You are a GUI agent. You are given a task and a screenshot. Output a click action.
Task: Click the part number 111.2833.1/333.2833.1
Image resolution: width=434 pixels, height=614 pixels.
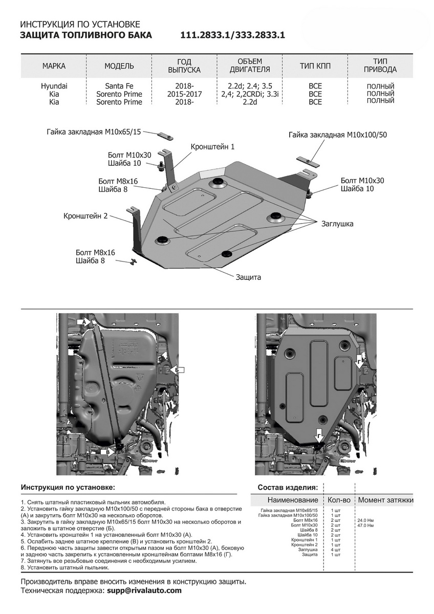(232, 35)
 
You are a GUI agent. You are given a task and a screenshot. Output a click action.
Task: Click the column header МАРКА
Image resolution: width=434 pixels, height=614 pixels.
(54, 67)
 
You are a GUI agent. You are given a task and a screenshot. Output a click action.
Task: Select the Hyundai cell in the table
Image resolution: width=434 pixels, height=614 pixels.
(54, 86)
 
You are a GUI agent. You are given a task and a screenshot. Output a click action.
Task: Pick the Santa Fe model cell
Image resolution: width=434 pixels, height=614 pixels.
(119, 86)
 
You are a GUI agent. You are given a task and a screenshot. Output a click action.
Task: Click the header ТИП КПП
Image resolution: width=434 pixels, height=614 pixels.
(315, 67)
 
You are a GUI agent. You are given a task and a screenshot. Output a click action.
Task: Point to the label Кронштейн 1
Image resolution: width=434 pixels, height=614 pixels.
(212, 147)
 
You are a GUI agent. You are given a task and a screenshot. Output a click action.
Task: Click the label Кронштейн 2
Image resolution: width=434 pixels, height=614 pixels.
(86, 216)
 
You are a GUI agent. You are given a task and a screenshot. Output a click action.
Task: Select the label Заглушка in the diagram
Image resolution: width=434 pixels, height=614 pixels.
(337, 224)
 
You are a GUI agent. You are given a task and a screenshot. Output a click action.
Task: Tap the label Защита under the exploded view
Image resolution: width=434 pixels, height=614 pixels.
(248, 277)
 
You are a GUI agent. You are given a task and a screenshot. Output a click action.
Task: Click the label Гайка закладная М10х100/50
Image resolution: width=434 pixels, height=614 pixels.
(337, 135)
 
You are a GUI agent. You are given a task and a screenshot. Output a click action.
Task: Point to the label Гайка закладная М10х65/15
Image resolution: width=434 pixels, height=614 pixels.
(93, 132)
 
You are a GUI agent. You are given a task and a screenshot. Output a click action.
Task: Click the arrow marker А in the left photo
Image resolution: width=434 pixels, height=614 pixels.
(83, 322)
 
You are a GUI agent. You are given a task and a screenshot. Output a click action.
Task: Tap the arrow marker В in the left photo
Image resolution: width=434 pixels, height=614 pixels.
(105, 452)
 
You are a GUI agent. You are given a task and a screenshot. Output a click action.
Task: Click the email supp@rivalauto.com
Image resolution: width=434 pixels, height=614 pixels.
(144, 590)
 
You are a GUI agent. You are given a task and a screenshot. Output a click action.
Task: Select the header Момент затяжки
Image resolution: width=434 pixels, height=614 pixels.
(385, 500)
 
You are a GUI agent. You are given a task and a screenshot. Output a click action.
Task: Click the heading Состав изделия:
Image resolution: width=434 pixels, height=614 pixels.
(288, 487)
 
